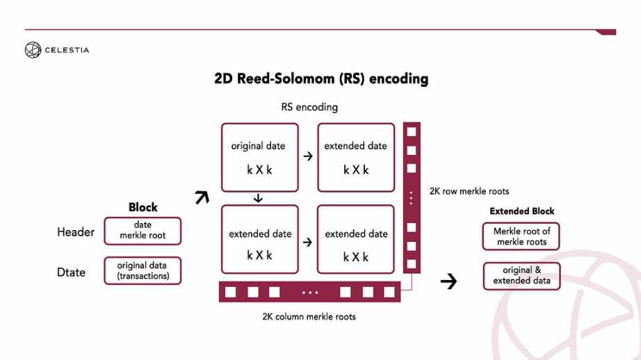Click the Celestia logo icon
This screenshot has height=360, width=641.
click(x=33, y=49)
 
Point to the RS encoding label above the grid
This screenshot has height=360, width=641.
click(x=309, y=108)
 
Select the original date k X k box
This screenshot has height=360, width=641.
click(x=259, y=158)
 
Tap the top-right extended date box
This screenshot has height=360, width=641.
click(x=356, y=158)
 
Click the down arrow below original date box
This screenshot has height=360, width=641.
click(x=259, y=198)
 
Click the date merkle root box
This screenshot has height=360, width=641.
click(x=143, y=231)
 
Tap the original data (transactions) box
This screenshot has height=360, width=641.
click(x=143, y=271)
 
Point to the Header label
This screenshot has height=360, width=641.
click(x=76, y=232)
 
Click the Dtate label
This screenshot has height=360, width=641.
click(x=72, y=272)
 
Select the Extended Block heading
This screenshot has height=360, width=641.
click(x=521, y=211)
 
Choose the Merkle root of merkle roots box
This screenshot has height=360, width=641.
click(x=521, y=237)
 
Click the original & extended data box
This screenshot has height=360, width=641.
click(x=521, y=276)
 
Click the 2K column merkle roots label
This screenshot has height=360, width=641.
click(x=309, y=317)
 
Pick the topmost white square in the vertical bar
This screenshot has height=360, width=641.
click(x=412, y=131)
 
